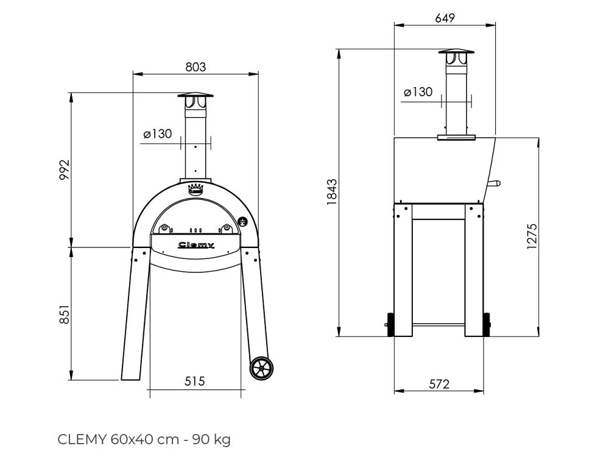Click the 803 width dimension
coord(195,67)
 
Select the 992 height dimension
coord(65,169)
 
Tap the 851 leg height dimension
coord(65,314)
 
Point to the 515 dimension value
coord(194,381)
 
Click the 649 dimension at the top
coord(445,18)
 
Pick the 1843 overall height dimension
coord(332,192)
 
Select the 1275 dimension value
coord(532,236)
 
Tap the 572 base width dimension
coord(439,384)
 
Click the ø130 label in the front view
coord(157,133)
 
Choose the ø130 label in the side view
coord(418,92)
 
